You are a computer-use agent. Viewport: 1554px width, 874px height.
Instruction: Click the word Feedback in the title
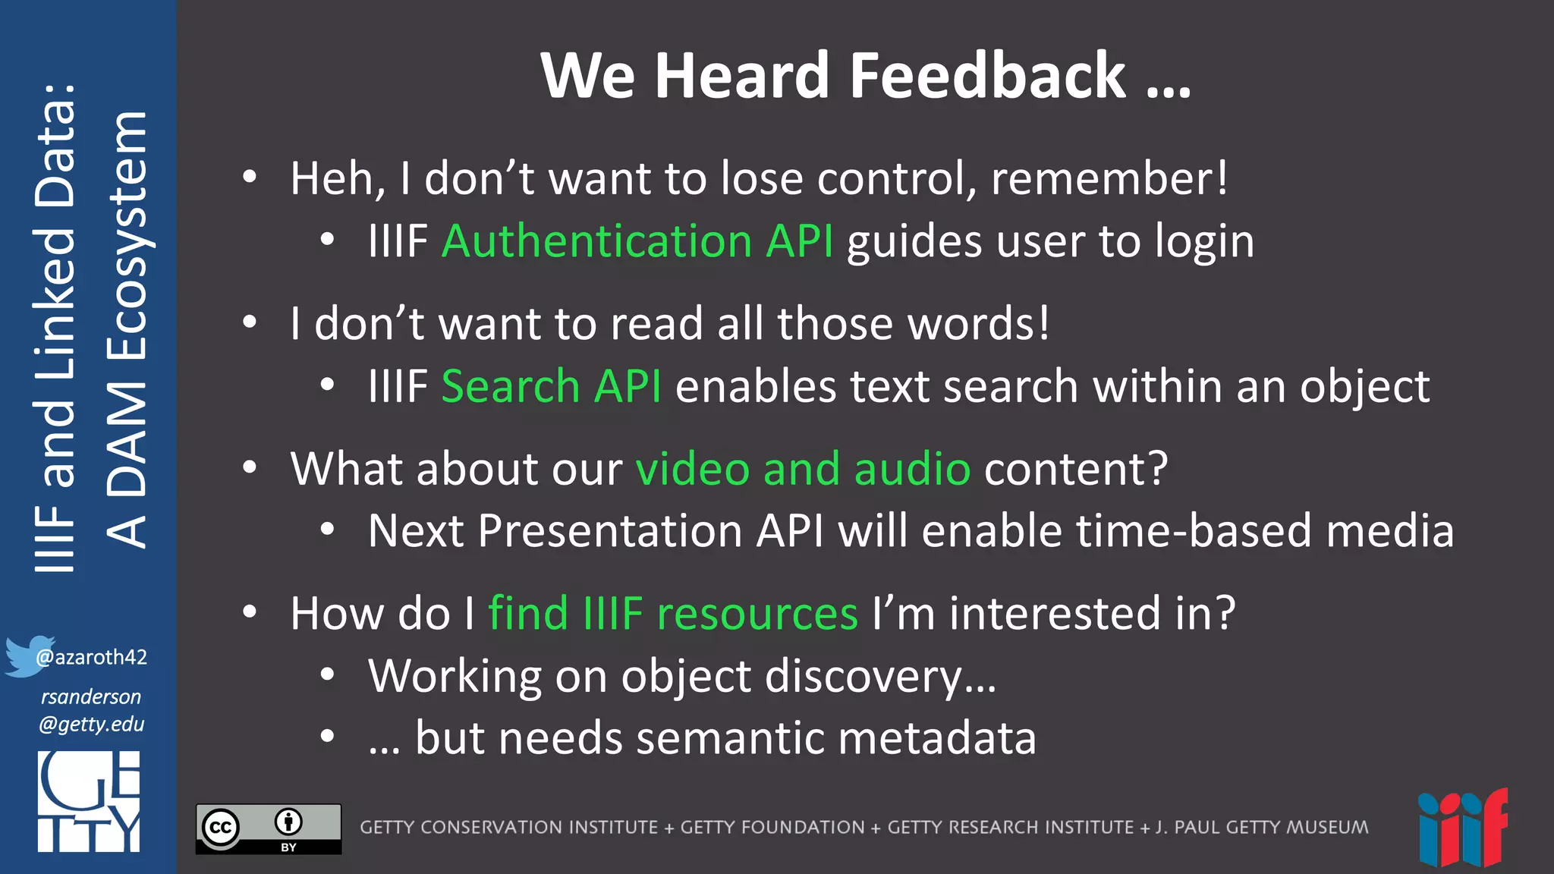pyautogui.click(x=987, y=76)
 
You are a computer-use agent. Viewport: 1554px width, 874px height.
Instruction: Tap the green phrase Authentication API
pyautogui.click(x=637, y=241)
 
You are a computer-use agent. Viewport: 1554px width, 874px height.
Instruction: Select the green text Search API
pyautogui.click(x=551, y=386)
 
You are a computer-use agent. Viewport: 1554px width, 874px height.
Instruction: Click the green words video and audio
pyautogui.click(x=803, y=468)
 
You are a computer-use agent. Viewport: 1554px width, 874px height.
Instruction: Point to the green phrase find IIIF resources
pyautogui.click(x=672, y=613)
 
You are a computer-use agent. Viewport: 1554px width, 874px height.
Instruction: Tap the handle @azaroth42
pyautogui.click(x=92, y=657)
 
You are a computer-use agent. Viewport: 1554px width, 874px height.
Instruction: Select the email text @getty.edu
pyautogui.click(x=92, y=724)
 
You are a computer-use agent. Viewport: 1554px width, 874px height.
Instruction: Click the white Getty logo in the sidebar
pyautogui.click(x=89, y=801)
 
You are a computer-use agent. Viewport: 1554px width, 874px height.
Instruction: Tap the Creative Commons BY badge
pyautogui.click(x=269, y=828)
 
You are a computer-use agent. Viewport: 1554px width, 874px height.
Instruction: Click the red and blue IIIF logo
pyautogui.click(x=1462, y=828)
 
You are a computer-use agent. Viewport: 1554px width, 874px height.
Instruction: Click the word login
pyautogui.click(x=1204, y=241)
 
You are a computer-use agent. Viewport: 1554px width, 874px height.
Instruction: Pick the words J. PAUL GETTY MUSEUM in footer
pyautogui.click(x=1262, y=827)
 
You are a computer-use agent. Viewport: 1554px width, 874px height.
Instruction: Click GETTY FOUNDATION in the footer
pyautogui.click(x=772, y=827)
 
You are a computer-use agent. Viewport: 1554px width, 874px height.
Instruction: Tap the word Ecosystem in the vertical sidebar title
pyautogui.click(x=127, y=235)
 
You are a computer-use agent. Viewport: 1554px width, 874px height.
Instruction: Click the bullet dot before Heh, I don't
pyautogui.click(x=250, y=178)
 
